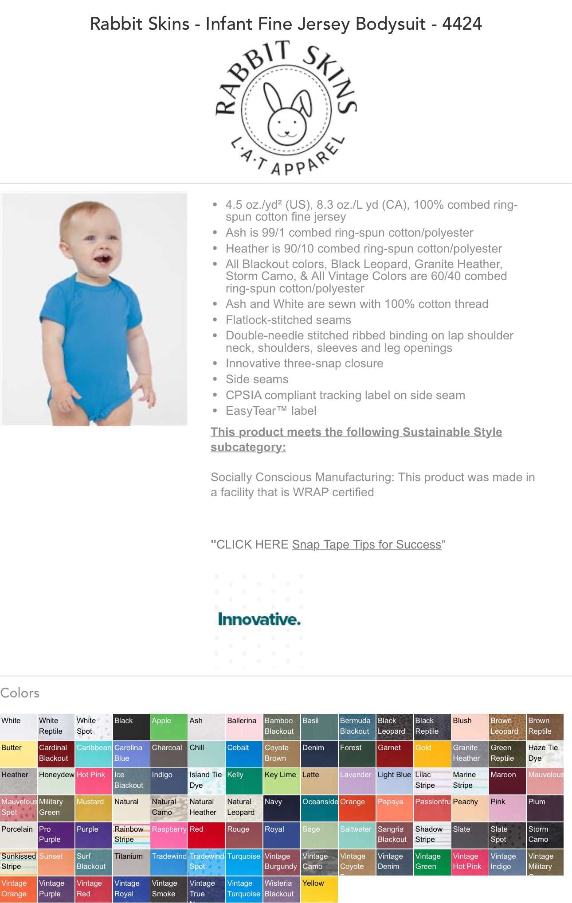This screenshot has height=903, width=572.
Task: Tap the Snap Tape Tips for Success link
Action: (x=367, y=545)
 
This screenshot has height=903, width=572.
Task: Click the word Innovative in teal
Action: (x=259, y=619)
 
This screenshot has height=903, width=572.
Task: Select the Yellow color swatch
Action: (x=319, y=889)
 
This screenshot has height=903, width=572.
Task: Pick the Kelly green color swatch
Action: (x=244, y=781)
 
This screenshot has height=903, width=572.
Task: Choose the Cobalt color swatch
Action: (x=244, y=754)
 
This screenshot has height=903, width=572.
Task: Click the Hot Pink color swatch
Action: (x=94, y=781)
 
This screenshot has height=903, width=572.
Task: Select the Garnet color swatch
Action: (x=395, y=754)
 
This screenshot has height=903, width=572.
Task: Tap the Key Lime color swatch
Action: (x=282, y=781)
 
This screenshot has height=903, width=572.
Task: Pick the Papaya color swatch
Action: (x=395, y=808)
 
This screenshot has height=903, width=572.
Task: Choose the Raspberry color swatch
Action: (x=169, y=835)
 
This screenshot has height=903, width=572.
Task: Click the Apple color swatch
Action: (x=169, y=727)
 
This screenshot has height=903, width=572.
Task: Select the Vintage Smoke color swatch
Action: (x=169, y=889)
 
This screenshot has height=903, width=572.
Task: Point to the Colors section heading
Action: (x=20, y=693)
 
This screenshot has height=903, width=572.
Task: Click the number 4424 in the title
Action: (x=462, y=24)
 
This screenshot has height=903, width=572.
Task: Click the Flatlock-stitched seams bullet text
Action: (x=288, y=320)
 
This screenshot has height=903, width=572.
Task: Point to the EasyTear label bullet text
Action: (x=271, y=411)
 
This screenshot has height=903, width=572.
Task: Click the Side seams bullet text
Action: (x=257, y=379)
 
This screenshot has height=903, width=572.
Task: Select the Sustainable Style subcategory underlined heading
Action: (x=356, y=439)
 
